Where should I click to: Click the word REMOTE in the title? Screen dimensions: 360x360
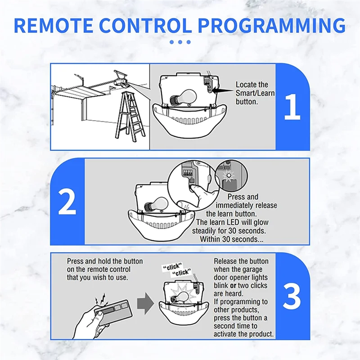(54, 25)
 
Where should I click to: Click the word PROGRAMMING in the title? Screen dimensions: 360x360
(272, 25)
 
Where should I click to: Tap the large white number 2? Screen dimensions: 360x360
(67, 202)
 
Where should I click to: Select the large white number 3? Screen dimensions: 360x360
(292, 296)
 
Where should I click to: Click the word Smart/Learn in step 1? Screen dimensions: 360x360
(255, 93)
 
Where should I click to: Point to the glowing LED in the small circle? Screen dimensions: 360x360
(228, 175)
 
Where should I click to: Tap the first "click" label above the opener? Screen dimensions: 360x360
(172, 267)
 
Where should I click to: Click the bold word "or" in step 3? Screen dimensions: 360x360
(233, 286)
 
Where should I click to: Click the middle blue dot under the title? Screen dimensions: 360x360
(180, 42)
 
